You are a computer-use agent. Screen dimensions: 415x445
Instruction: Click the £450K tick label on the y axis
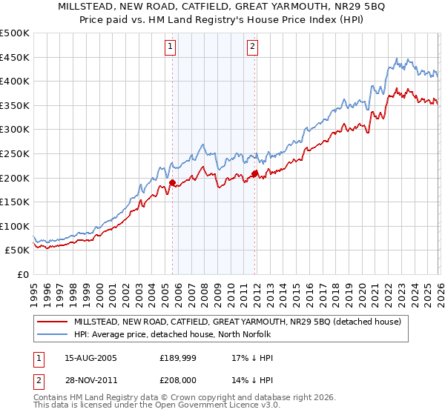pos(15,57)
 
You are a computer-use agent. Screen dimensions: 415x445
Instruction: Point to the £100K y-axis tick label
pos(15,226)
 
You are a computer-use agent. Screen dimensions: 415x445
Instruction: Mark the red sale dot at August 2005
pos(172,182)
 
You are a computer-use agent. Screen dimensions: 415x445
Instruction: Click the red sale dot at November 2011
pos(254,173)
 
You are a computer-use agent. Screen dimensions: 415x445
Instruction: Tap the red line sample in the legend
pos(52,322)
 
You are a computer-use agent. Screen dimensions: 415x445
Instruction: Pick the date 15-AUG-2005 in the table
pos(90,358)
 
